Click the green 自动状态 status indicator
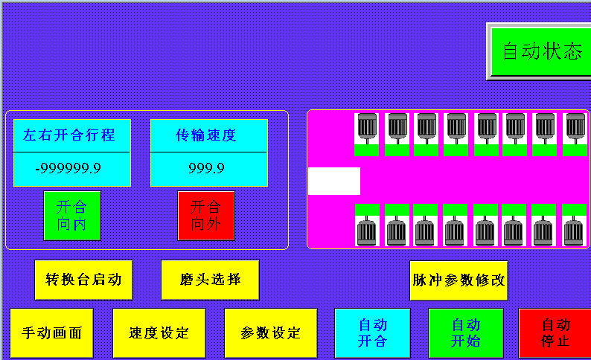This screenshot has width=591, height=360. (x=541, y=51)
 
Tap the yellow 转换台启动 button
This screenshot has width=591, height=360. (x=83, y=280)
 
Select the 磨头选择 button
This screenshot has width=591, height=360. (x=210, y=280)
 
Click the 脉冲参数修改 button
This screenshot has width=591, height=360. (x=459, y=280)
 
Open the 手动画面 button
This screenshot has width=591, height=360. (x=51, y=333)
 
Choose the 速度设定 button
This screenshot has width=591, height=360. (x=159, y=333)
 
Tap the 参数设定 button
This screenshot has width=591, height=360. (x=271, y=333)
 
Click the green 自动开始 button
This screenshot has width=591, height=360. (x=466, y=333)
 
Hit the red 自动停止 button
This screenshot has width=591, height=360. (x=555, y=333)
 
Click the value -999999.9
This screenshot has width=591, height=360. (x=71, y=169)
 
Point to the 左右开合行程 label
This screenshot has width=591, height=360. (x=71, y=135)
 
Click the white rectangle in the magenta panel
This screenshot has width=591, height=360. (x=333, y=181)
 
